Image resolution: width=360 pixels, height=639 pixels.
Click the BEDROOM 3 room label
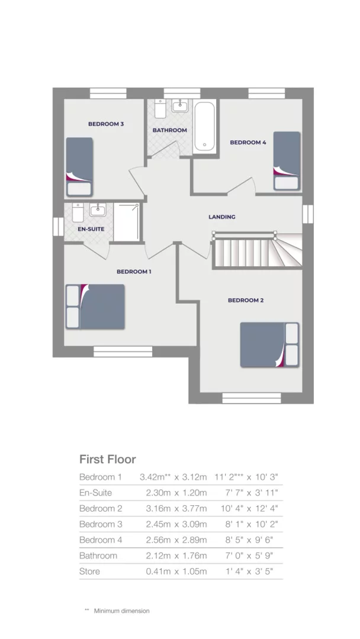(105, 124)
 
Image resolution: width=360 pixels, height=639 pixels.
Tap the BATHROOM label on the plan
(169, 130)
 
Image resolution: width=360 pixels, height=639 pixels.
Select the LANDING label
(221, 217)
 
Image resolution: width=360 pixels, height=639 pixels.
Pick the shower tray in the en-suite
(127, 222)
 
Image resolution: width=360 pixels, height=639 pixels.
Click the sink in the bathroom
(179, 107)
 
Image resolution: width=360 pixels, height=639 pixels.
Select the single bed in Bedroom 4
(287, 160)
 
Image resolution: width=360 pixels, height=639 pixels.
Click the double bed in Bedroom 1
(95, 306)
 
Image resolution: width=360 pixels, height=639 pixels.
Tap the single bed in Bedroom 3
(79, 166)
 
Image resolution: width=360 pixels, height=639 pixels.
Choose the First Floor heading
(108, 459)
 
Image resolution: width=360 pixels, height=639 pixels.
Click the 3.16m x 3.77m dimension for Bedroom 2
(176, 508)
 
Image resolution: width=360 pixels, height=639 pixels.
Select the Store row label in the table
(90, 571)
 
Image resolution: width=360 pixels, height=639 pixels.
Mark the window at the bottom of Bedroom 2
(243, 398)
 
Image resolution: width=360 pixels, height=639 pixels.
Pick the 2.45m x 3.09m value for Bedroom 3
(176, 524)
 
